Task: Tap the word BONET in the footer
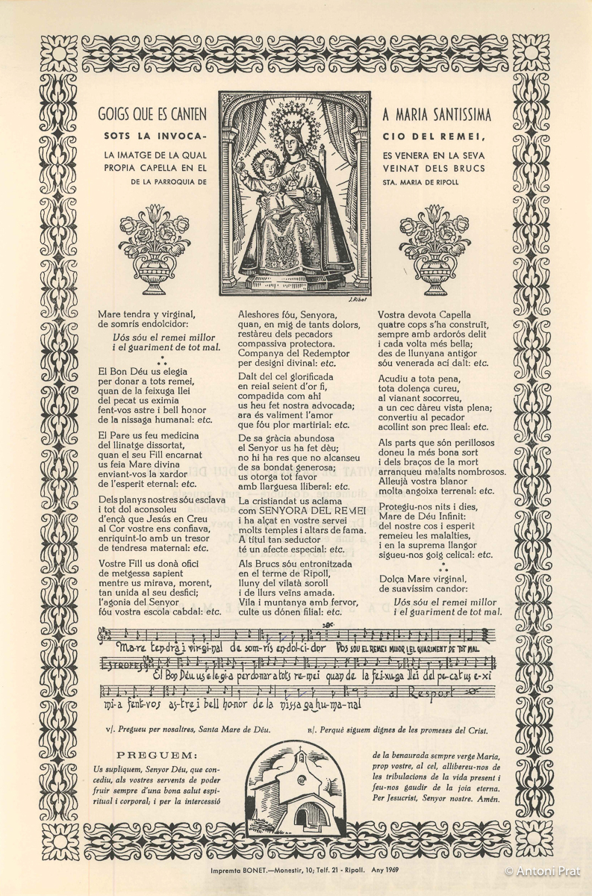[x=253, y=871]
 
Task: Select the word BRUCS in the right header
[x=468, y=168]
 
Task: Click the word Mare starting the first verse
[x=110, y=314]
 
